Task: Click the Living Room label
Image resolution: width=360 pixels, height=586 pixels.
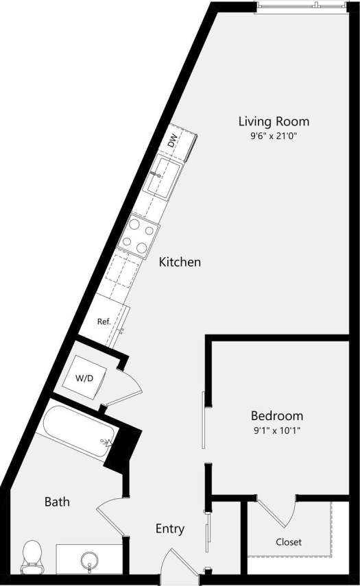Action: point(274,121)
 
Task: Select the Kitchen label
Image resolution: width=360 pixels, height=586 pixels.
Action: point(180,262)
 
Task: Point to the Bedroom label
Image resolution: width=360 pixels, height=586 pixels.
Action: point(277,415)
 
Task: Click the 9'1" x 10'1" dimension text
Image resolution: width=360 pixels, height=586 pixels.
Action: point(277,430)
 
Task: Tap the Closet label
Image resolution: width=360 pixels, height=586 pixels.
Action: point(289,541)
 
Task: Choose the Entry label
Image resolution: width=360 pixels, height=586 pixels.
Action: point(170,528)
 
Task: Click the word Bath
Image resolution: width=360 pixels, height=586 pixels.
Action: point(57,502)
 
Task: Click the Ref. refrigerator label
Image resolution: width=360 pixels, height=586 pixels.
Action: point(104,321)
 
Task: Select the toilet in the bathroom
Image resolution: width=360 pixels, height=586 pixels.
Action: point(32,557)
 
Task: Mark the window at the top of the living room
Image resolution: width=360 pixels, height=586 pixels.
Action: point(300,8)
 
